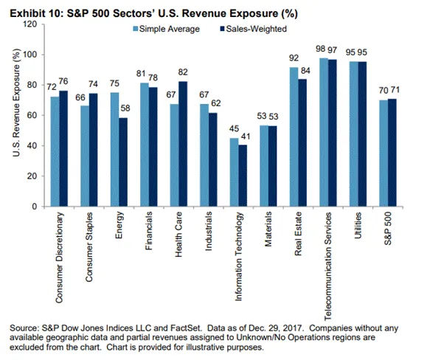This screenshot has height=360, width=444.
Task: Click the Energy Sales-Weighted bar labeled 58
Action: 123,162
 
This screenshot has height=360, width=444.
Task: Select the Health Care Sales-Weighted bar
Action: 183,144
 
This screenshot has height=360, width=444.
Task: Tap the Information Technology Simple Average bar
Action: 234,172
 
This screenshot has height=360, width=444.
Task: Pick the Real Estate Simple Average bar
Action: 294,136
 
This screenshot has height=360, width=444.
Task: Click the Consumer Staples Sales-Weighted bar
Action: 93,150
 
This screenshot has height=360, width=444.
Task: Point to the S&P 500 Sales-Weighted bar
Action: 392,153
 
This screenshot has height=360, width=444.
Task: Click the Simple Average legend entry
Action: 167,29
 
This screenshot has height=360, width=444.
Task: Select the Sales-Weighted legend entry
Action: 254,29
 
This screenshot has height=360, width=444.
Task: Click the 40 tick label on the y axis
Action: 32,145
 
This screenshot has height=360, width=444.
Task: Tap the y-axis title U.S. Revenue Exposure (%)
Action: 16,103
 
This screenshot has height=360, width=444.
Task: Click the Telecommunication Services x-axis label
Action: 327,266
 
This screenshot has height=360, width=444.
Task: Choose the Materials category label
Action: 268,229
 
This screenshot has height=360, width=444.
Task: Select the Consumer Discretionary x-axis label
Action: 59,257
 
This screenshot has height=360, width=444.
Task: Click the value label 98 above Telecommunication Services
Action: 320,49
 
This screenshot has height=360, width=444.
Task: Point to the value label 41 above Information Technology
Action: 246,136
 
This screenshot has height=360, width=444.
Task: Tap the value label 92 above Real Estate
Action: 294,58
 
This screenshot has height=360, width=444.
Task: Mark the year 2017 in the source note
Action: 295,328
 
